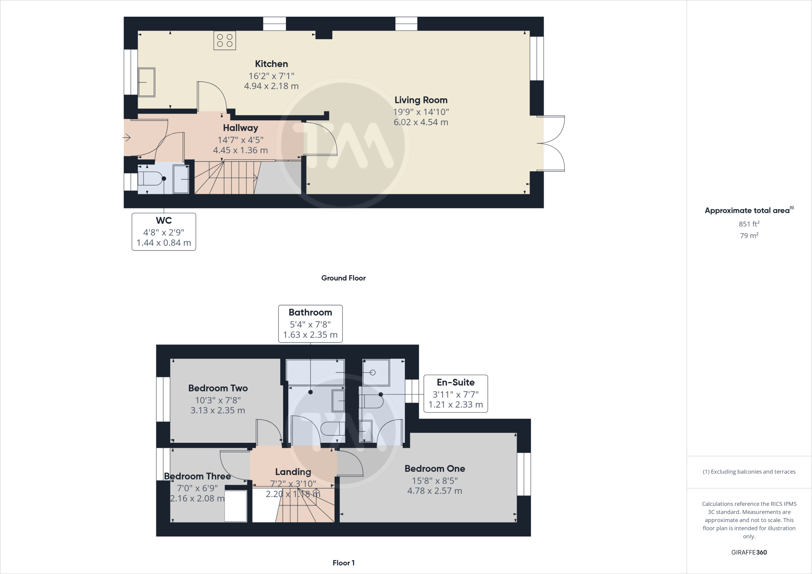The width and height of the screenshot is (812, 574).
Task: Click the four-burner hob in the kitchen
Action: [x=225, y=40]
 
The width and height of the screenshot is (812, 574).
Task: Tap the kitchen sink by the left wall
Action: [x=146, y=82]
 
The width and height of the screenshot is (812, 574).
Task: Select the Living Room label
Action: [x=421, y=100]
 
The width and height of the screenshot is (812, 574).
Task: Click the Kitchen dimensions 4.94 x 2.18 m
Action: [x=271, y=86]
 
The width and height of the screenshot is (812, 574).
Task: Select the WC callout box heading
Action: [x=164, y=220]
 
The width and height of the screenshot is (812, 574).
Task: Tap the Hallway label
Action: [x=240, y=128]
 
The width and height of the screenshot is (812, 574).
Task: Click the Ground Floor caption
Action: [x=343, y=278]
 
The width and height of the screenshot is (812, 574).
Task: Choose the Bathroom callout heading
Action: [x=310, y=312]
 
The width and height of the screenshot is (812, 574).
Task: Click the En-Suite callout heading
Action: [x=456, y=382]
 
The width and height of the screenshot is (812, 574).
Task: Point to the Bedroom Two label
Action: [x=218, y=388]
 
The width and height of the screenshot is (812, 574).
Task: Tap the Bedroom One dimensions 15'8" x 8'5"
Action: [x=435, y=480]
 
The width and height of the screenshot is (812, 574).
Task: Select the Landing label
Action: [x=293, y=472]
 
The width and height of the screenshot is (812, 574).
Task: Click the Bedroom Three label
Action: [x=197, y=476]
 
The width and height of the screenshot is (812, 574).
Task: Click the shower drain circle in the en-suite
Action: [x=372, y=373]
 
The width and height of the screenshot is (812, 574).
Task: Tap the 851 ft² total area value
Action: [x=749, y=224]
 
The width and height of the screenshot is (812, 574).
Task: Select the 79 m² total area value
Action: [x=749, y=235]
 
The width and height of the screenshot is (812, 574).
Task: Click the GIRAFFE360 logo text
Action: [x=749, y=552]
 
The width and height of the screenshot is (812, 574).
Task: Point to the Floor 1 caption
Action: [x=343, y=563]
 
